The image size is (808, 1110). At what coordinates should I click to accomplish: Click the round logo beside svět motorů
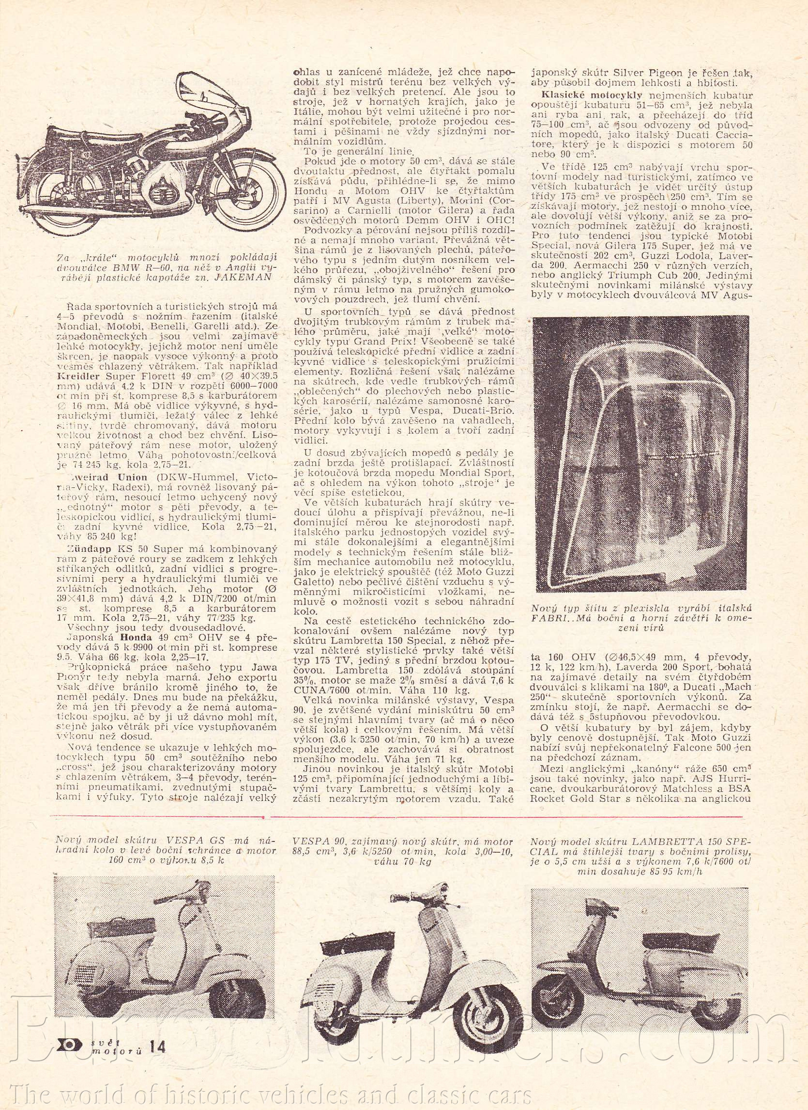(73, 1044)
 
